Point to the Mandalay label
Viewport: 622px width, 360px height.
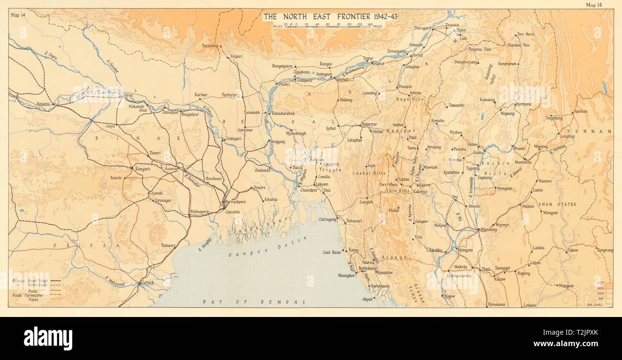pyautogui.click(x=488, y=229)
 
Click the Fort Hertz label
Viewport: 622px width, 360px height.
pyautogui.click(x=526, y=34)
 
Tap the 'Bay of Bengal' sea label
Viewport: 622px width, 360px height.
pyautogui.click(x=254, y=302)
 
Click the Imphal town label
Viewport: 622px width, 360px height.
pyautogui.click(x=398, y=125)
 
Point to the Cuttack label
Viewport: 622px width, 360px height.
pyautogui.click(x=147, y=283)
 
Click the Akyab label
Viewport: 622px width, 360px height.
pyautogui.click(x=367, y=298)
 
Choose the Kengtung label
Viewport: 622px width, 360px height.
pyautogui.click(x=604, y=250)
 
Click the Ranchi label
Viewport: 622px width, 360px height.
pyautogui.click(x=116, y=177)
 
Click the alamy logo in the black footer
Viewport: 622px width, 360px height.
pyautogui.click(x=48, y=338)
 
